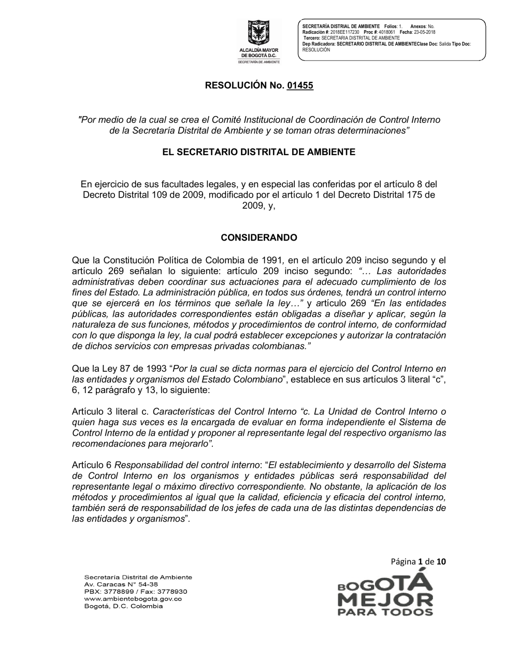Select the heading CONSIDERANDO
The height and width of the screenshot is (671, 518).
click(259, 238)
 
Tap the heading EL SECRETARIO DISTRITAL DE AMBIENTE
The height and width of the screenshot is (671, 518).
click(259, 152)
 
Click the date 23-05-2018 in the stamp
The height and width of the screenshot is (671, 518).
click(424, 32)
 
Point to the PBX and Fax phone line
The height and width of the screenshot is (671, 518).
click(135, 591)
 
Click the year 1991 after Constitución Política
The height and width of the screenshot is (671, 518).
click(268, 260)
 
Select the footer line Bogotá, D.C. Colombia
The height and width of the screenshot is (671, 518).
click(123, 606)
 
